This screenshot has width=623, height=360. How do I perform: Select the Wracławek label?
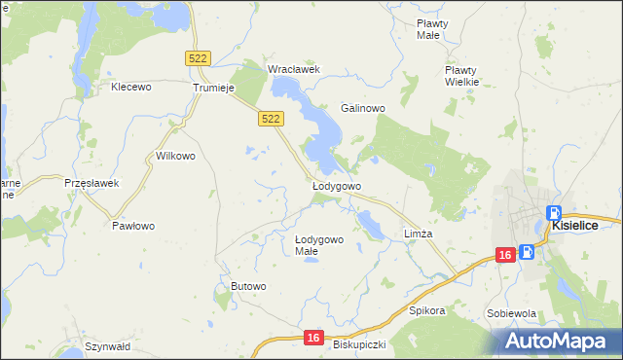pos(294,70)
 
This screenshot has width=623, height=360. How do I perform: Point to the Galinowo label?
pos(364,108)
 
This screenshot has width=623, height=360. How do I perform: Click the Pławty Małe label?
pos(431,28)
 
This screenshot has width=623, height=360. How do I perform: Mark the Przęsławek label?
pos(91,183)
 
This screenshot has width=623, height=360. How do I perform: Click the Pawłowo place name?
pos(133,226)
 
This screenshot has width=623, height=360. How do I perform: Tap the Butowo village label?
pos(248,286)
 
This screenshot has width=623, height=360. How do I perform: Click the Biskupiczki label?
pos(359,345)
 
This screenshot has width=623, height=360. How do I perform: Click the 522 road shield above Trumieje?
pos(198,59)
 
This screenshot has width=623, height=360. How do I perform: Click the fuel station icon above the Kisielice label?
pos(553,213)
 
